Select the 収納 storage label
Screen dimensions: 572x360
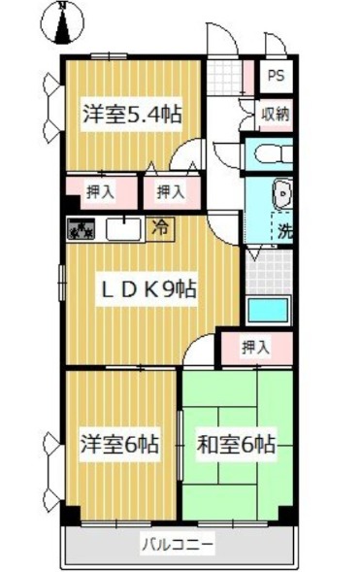[x=275, y=114]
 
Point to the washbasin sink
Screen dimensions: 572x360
[x=283, y=195]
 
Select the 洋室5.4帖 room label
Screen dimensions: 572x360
[x=132, y=113]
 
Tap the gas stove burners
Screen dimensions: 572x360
[x=81, y=230]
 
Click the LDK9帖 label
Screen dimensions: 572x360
[x=151, y=288]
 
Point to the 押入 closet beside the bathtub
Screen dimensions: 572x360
[x=256, y=345]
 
